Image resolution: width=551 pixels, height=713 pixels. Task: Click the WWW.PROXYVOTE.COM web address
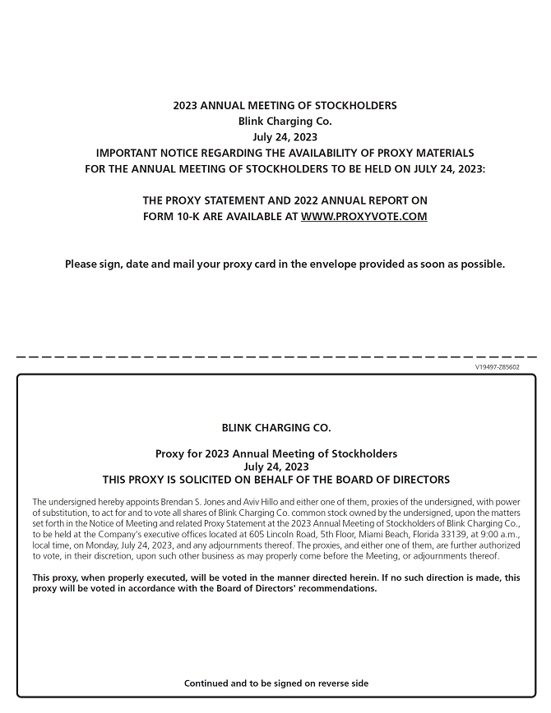click(x=363, y=217)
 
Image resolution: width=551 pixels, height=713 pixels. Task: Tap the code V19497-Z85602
click(x=497, y=367)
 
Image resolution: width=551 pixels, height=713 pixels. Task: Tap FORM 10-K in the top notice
click(x=170, y=217)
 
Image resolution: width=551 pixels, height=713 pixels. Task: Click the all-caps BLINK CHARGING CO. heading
click(x=276, y=428)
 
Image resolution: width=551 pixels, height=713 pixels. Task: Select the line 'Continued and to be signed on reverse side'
click(x=276, y=683)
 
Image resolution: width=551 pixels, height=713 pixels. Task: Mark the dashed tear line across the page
click(x=276, y=357)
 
